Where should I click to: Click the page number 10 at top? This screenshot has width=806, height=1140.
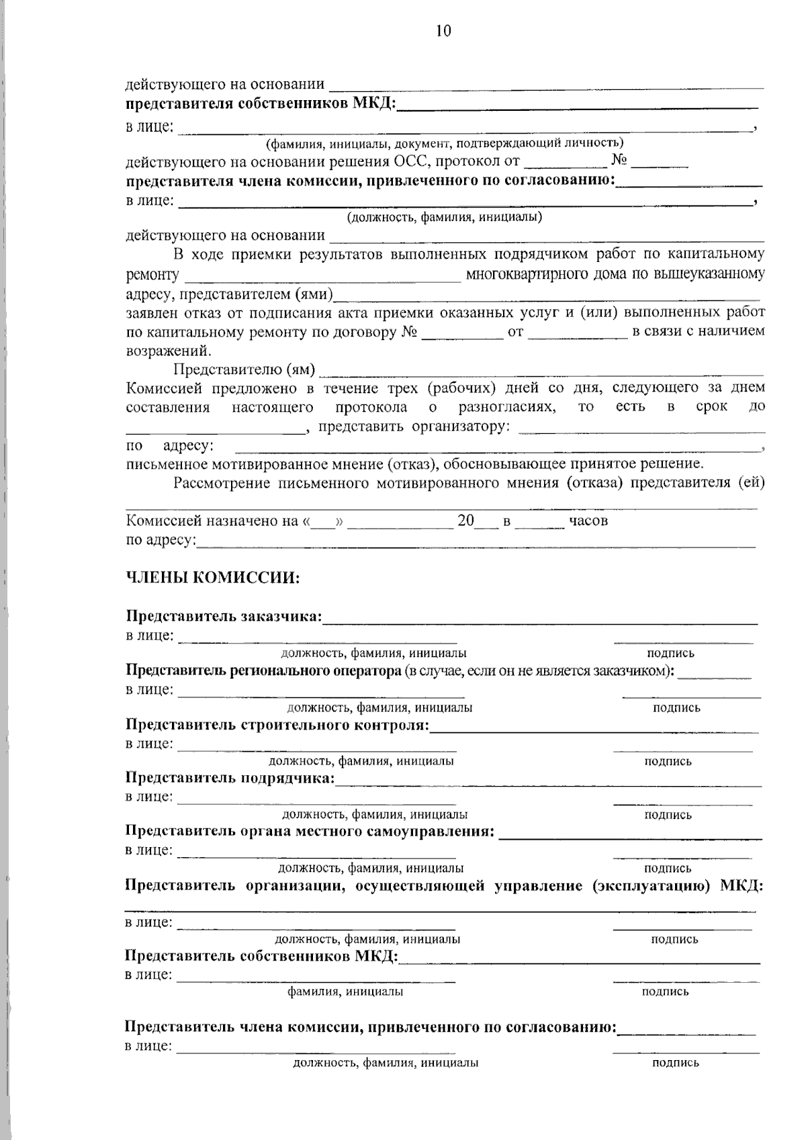[443, 31]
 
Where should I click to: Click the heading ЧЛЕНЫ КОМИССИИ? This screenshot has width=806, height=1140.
[212, 578]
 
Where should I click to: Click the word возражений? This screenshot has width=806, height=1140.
[169, 351]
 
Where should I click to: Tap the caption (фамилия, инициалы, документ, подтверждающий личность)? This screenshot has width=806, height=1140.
[444, 142]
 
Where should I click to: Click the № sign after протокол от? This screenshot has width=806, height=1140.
[619, 161]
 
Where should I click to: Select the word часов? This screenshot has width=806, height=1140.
[588, 521]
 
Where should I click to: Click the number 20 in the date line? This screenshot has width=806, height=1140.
[465, 521]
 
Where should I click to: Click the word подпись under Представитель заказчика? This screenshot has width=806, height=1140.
[670, 653]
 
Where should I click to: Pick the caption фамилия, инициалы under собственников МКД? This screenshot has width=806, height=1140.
[345, 992]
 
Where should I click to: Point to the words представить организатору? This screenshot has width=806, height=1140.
[414, 426]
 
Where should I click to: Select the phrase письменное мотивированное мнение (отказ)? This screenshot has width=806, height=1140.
[282, 464]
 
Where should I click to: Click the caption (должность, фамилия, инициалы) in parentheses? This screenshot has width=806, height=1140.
[444, 217]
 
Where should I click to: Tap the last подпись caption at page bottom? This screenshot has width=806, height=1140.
[675, 1063]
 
